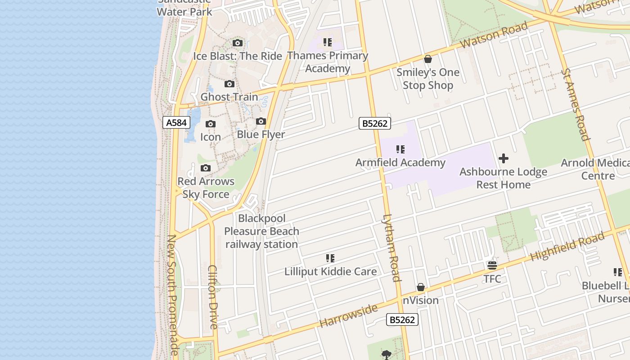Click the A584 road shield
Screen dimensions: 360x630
pos(176,122)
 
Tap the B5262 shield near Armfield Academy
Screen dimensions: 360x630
pos(374,123)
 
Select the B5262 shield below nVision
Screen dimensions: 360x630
pos(402,319)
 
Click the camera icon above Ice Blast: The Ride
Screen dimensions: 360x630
pos(238,43)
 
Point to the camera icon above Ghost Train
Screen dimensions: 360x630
pos(229,84)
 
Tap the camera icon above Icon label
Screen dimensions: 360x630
pos(210,124)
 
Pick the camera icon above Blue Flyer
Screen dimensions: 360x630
pos(261,121)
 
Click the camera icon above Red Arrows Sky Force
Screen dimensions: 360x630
pos(206,168)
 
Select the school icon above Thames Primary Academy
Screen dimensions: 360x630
pos(327,43)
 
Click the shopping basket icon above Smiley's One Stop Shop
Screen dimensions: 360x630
pos(427,59)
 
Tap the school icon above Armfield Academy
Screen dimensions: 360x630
pos(400,149)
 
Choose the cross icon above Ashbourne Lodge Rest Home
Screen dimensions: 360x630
pos(504,158)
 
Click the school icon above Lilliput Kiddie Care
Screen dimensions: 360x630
pos(330,258)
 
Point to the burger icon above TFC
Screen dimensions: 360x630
pos(492,265)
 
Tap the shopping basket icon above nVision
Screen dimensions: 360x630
pos(421,287)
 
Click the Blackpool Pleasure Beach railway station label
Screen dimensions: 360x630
pos(261,231)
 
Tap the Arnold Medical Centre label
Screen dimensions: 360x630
pos(595,169)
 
